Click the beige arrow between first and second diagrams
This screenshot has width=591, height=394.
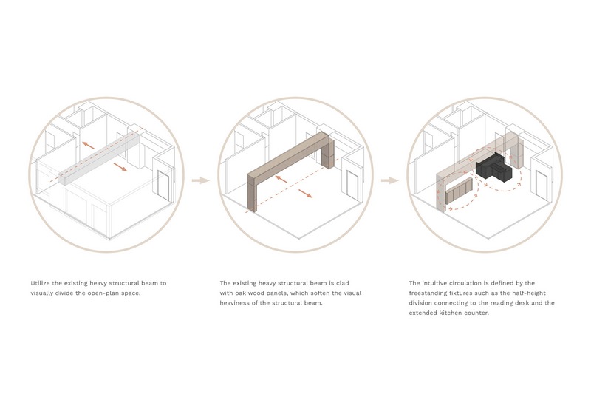point(200,180)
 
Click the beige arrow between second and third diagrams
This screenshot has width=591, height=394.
point(390,180)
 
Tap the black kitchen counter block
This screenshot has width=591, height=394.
point(493,170)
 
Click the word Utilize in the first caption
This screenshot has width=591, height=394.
point(40,283)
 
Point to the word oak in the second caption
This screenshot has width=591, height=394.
point(242,293)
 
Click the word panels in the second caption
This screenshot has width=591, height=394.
point(280,293)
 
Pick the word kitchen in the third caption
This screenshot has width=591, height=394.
point(451,313)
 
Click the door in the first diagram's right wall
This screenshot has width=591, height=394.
point(163,186)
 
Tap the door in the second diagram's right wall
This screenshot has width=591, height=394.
point(353,186)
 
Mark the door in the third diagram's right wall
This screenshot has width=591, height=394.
point(542,186)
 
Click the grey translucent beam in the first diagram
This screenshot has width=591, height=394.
point(99,157)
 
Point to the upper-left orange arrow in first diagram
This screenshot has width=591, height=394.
point(89,146)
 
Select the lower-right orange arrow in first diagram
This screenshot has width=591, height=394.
point(120,167)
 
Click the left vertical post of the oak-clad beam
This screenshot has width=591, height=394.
point(252,192)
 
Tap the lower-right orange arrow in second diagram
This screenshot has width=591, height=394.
point(305,194)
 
